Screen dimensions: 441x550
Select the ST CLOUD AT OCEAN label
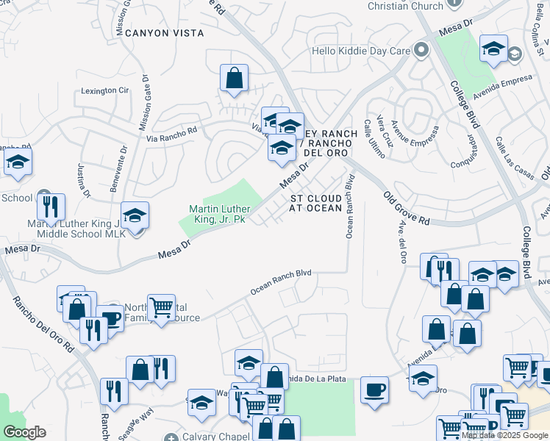click(x=315, y=204)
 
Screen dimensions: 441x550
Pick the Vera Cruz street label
click(x=384, y=132)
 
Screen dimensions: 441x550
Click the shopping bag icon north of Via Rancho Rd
click(x=234, y=77)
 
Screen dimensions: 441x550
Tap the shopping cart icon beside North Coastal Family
click(x=161, y=306)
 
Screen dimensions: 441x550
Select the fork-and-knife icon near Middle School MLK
click(x=51, y=207)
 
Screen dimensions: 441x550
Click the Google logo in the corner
click(x=24, y=432)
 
